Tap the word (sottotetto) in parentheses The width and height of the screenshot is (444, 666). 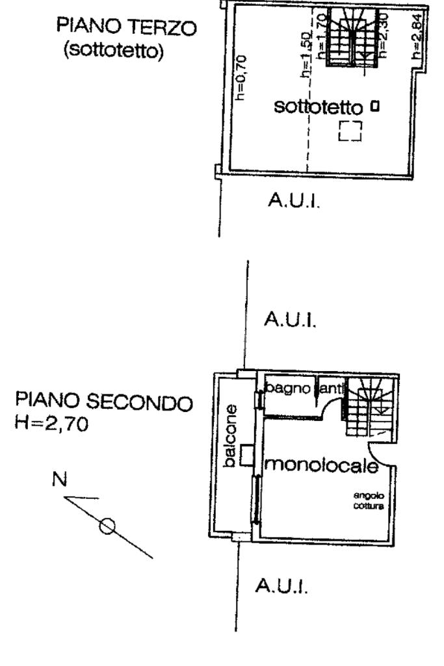112,50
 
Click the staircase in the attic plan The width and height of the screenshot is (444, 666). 352,36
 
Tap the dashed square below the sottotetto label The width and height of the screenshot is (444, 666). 350,131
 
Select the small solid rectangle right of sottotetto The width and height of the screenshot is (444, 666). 375,105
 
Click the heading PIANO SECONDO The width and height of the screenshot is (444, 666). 104,403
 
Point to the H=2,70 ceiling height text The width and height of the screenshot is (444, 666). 49,424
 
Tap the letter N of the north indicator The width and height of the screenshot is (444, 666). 59,481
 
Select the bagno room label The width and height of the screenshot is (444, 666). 288,388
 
